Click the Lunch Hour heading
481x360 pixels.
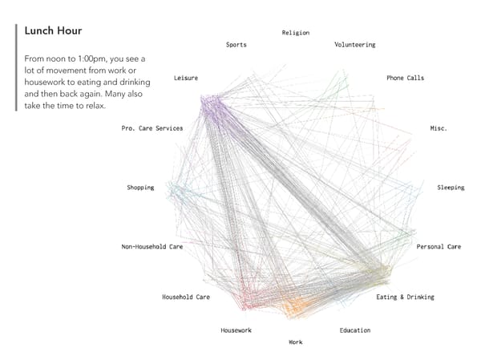pyautogui.click(x=54, y=31)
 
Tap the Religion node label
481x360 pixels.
pyautogui.click(x=295, y=33)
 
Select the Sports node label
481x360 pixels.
pyautogui.click(x=236, y=45)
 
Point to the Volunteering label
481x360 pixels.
pyautogui.click(x=354, y=45)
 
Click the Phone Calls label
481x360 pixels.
pyautogui.click(x=405, y=78)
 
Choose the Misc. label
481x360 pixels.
pyautogui.click(x=439, y=127)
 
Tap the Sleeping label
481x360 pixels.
pyautogui.click(x=450, y=188)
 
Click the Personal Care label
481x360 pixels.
pyautogui.click(x=439, y=247)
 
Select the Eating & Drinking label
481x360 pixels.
pyautogui.click(x=405, y=297)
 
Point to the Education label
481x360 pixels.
pyautogui.click(x=354, y=330)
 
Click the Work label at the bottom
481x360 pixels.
pyautogui.click(x=296, y=342)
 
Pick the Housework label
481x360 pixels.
pyautogui.click(x=236, y=330)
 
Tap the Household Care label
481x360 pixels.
pyautogui.click(x=185, y=297)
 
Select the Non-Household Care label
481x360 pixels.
pyautogui.click(x=152, y=247)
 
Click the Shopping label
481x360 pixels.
pyautogui.click(x=140, y=188)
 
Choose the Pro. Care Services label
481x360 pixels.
pyautogui.click(x=152, y=128)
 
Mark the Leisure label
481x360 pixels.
pyautogui.click(x=185, y=78)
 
